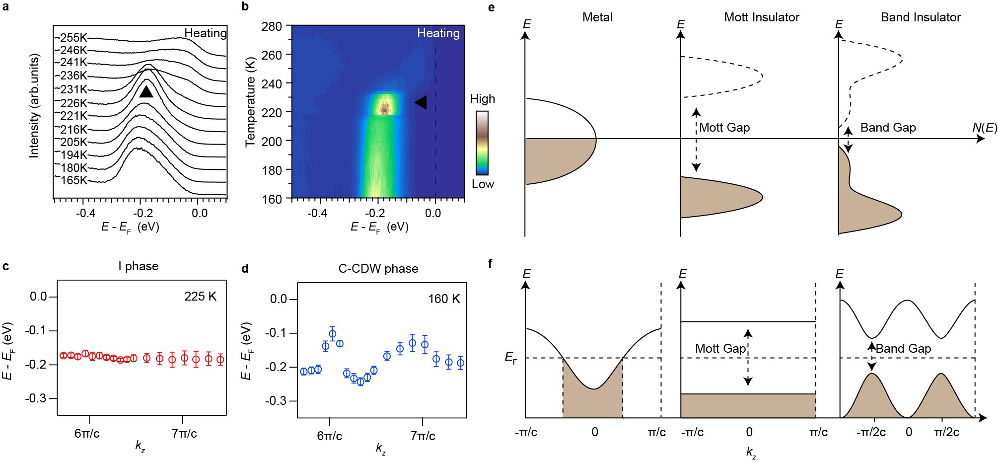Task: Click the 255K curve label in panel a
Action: pyautogui.click(x=73, y=38)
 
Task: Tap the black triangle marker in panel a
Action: pyautogui.click(x=146, y=91)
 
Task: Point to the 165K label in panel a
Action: pyautogui.click(x=74, y=180)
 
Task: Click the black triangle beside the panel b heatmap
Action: pyautogui.click(x=421, y=102)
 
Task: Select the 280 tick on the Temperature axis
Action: pyautogui.click(x=272, y=26)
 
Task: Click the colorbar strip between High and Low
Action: pyautogui.click(x=482, y=143)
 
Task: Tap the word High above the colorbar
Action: pyautogui.click(x=482, y=99)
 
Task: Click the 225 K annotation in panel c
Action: pyautogui.click(x=200, y=297)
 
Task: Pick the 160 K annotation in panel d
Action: pyautogui.click(x=444, y=299)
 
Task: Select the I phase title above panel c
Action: pyautogui.click(x=139, y=266)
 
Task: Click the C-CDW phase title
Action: pyautogui.click(x=378, y=269)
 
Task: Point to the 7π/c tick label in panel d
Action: pyautogui.click(x=423, y=436)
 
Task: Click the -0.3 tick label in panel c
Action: pyautogui.click(x=38, y=398)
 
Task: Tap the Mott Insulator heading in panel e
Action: pyautogui.click(x=762, y=17)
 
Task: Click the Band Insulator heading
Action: pyautogui.click(x=921, y=17)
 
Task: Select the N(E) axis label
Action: pyautogui.click(x=984, y=128)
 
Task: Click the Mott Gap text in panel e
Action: pyautogui.click(x=724, y=128)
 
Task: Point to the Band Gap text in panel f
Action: pyautogui.click(x=903, y=349)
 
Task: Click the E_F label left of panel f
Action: pyautogui.click(x=511, y=357)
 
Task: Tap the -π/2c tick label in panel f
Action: pyautogui.click(x=871, y=432)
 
